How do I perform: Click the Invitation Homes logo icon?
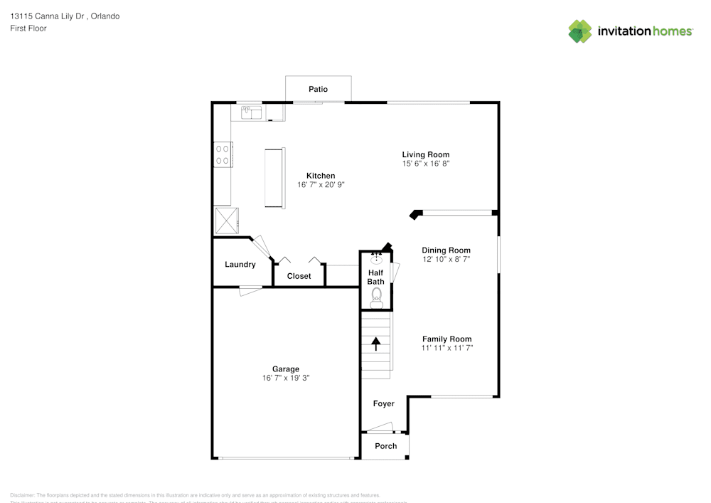point(580,31)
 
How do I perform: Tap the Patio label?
point(318,90)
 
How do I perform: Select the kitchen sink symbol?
point(252,112)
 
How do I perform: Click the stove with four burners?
point(223,155)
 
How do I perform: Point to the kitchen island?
point(274,178)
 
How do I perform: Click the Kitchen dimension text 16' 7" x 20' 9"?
point(321,185)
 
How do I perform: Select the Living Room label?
point(425,154)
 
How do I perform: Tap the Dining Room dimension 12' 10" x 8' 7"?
point(446,260)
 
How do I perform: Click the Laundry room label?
point(240,265)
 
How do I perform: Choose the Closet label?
point(299,276)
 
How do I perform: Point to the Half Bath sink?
point(377,260)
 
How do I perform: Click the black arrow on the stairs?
point(375,344)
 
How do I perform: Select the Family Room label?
point(447,339)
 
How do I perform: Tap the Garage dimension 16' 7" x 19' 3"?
point(285,378)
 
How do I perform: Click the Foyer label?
point(384,404)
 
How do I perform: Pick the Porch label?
point(386,446)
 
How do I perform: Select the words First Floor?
point(28,28)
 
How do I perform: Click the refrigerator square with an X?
point(228,221)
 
